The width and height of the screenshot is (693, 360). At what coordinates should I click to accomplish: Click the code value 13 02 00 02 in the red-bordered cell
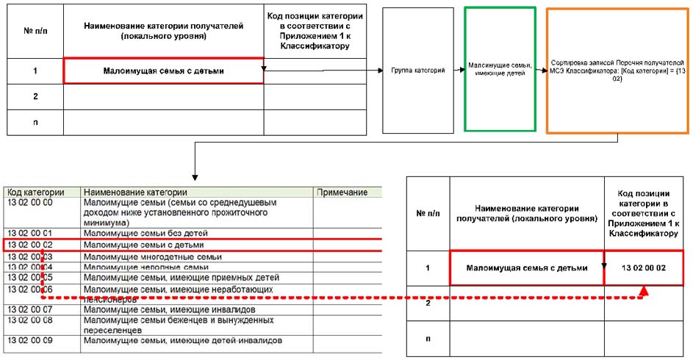pos(643,268)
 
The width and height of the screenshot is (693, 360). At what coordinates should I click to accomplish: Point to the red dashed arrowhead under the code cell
pos(644,292)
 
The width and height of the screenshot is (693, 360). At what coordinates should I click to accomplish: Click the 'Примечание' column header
pos(342,192)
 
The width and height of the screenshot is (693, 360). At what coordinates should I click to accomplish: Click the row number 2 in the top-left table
pos(35,96)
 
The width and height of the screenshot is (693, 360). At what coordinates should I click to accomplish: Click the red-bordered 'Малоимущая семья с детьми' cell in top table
pos(163,71)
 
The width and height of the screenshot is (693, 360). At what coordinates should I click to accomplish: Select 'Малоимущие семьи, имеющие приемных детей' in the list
pos(182,278)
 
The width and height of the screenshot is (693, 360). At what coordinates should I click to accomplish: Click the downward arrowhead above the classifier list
pos(194,176)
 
